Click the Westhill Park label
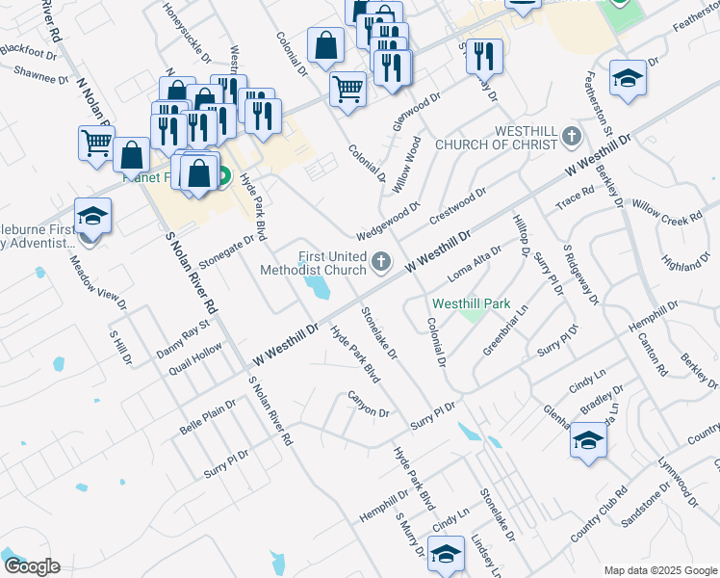[x=471, y=302]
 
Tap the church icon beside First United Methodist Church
[x=381, y=260]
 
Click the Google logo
[x=31, y=566]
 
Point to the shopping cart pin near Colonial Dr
[x=347, y=90]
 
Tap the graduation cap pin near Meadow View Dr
[x=92, y=216]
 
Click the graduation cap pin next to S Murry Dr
[x=446, y=553]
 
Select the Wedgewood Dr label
[x=389, y=219]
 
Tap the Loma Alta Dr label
[x=476, y=267]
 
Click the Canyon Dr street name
[x=368, y=406]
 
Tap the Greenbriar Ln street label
[x=506, y=330]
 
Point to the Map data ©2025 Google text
[x=659, y=570]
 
